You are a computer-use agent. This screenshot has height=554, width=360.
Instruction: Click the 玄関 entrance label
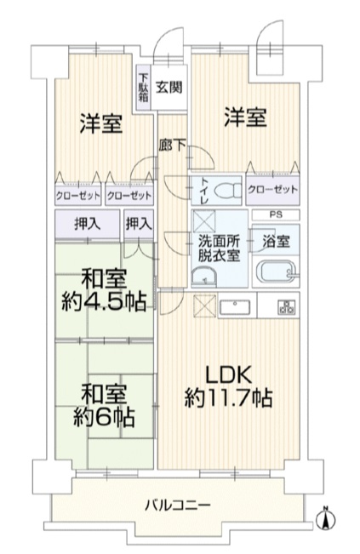[x=169, y=87]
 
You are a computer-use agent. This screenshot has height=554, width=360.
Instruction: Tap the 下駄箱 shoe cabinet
[x=144, y=88]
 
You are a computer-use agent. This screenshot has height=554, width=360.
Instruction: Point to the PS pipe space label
[x=276, y=214]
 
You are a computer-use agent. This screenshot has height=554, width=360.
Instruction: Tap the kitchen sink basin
[x=235, y=306]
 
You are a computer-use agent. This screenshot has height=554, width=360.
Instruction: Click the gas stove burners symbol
[x=288, y=306]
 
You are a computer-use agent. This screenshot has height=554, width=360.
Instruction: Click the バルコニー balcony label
[x=178, y=505]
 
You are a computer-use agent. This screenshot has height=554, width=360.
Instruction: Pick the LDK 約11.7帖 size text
[x=228, y=387]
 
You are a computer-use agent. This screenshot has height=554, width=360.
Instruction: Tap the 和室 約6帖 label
[x=104, y=406]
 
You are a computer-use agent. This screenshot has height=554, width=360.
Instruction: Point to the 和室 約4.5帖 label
[x=104, y=290]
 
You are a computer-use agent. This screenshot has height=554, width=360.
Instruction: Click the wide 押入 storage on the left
[x=88, y=224]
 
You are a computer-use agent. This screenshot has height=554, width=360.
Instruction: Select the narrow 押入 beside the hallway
[x=139, y=224]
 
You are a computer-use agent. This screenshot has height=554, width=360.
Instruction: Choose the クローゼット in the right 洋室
[x=272, y=190]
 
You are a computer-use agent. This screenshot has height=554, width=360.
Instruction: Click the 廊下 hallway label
[x=172, y=146]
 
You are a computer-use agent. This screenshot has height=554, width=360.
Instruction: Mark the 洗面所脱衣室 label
[x=219, y=248]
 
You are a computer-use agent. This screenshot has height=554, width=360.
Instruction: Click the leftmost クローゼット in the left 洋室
[x=78, y=195]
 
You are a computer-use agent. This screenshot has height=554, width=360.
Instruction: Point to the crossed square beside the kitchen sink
[x=205, y=306]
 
